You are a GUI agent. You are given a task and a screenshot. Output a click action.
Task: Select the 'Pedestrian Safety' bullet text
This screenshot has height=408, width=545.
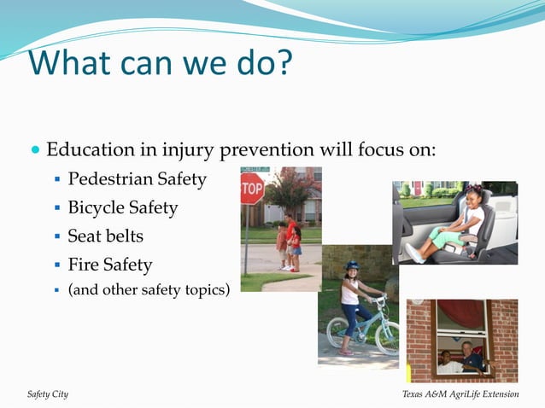click(x=137, y=179)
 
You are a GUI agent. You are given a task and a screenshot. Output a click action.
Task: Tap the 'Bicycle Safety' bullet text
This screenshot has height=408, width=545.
click(x=123, y=207)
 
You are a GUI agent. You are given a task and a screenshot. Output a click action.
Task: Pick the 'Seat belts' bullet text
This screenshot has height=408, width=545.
click(x=105, y=236)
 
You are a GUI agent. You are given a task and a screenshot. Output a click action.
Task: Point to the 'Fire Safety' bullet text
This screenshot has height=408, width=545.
click(x=109, y=265)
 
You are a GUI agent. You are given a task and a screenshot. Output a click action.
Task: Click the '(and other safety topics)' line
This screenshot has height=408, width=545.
click(x=149, y=289)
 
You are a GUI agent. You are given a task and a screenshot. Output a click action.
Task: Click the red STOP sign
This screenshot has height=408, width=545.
click(x=252, y=189)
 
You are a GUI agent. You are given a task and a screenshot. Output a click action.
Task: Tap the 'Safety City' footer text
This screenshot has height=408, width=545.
click(x=48, y=393)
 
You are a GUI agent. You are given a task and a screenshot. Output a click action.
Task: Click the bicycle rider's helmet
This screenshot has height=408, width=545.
click(x=352, y=266)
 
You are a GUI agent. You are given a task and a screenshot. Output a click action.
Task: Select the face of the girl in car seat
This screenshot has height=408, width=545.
click(x=475, y=199)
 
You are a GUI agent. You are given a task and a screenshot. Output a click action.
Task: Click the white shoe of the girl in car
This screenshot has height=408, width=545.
click(x=413, y=253)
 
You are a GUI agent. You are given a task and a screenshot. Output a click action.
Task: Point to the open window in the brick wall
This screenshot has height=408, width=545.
click(x=461, y=339)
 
